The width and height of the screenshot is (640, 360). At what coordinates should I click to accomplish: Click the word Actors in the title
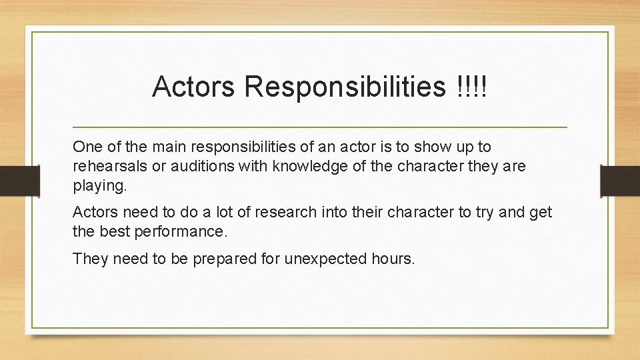coord(193,87)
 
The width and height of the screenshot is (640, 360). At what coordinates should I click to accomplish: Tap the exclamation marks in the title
coord(472,87)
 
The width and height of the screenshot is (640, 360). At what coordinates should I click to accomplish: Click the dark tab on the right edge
coord(620,179)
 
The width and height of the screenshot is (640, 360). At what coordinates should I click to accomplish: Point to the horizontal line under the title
coord(320,127)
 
